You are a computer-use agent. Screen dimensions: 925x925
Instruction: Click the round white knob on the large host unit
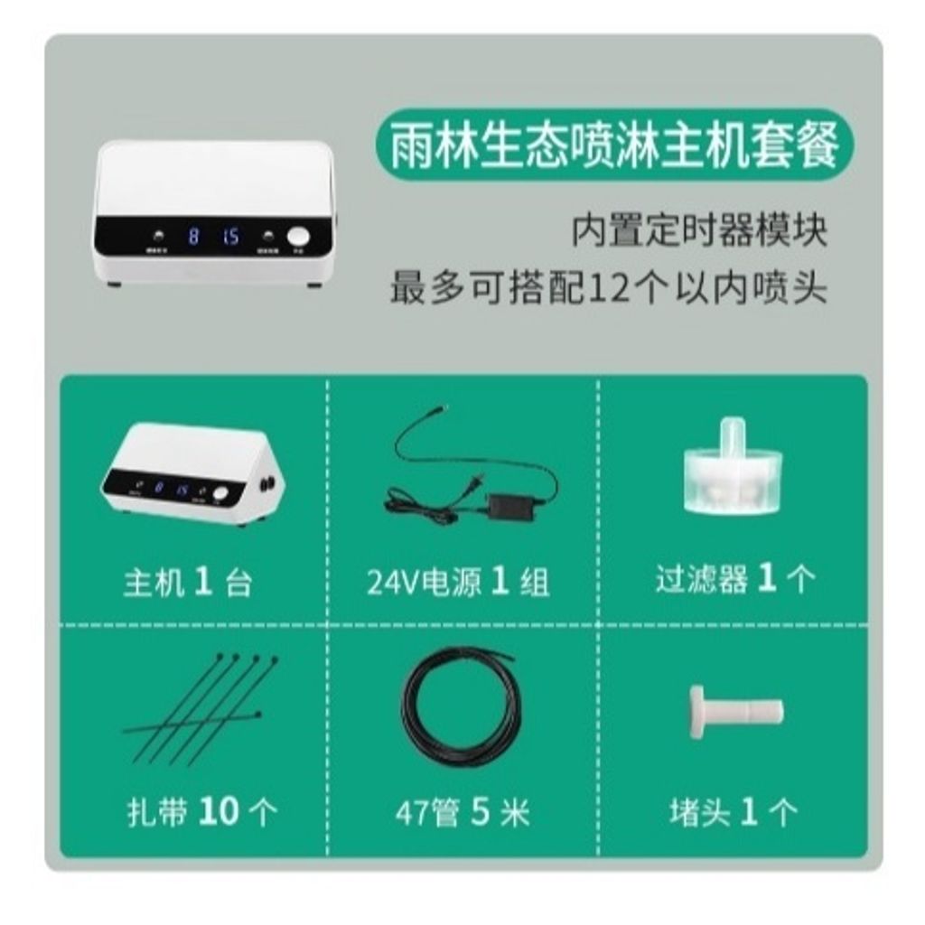298,238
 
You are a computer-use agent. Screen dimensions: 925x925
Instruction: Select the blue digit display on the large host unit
213,238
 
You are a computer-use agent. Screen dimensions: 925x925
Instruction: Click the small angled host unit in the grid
192,474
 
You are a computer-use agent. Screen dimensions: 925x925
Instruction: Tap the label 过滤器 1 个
734,579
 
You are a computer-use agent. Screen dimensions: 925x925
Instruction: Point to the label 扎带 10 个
201,811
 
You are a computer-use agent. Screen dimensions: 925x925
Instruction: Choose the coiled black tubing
459,706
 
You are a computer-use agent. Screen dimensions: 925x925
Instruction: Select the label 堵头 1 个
733,811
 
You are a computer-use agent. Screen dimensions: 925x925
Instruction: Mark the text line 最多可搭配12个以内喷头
608,289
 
